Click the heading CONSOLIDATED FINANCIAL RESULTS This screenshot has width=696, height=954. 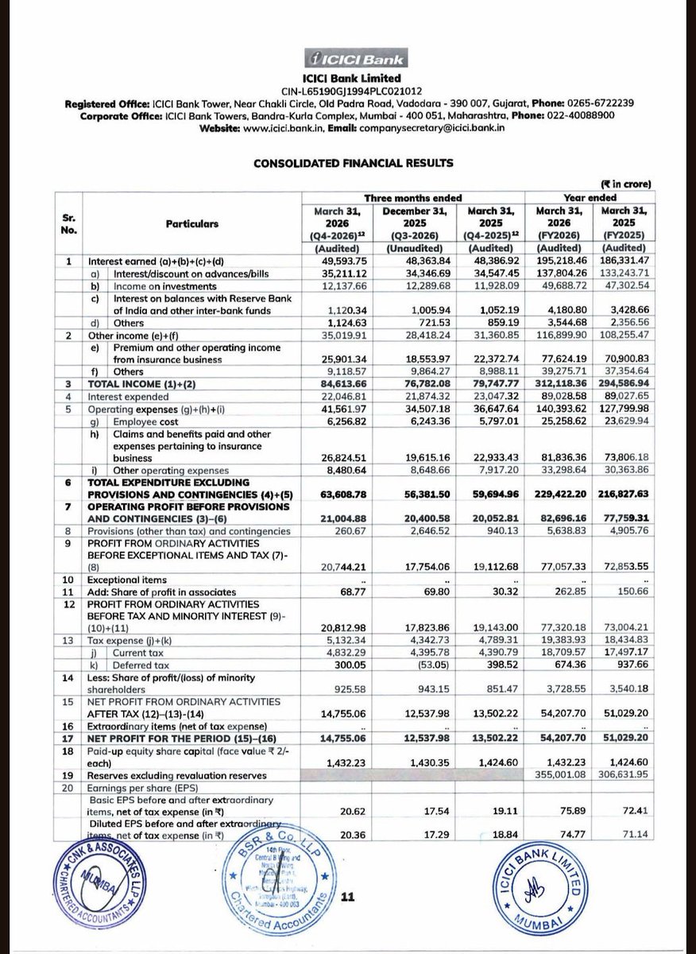(x=354, y=164)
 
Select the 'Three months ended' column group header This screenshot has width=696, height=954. (x=412, y=196)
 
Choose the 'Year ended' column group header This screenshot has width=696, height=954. (x=590, y=196)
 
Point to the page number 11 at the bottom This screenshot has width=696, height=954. (x=346, y=897)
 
